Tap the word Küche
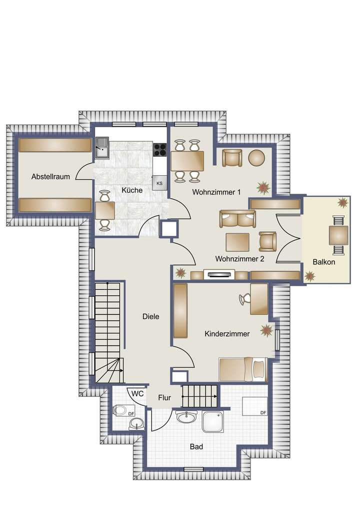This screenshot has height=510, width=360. pos(132,190)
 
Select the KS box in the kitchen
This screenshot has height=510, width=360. pos(159,183)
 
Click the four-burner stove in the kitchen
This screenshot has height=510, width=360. pos(160,149)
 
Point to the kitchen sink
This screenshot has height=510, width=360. pos(103,148)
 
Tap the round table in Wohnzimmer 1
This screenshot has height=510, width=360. pos(257,158)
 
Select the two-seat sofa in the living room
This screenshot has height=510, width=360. pos(237,219)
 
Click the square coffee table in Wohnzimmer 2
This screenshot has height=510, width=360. pos(237,242)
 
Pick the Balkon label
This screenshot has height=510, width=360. pos(323,262)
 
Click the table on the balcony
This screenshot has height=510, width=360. pos(338,234)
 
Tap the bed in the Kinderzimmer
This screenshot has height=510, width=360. pos(242,369)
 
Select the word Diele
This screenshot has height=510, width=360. pos(150,316)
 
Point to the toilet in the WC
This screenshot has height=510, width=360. pos(119,410)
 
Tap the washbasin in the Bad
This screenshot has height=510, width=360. pos(186,416)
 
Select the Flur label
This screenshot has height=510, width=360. pos(164,398)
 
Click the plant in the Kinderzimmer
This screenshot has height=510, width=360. pos(266,330)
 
